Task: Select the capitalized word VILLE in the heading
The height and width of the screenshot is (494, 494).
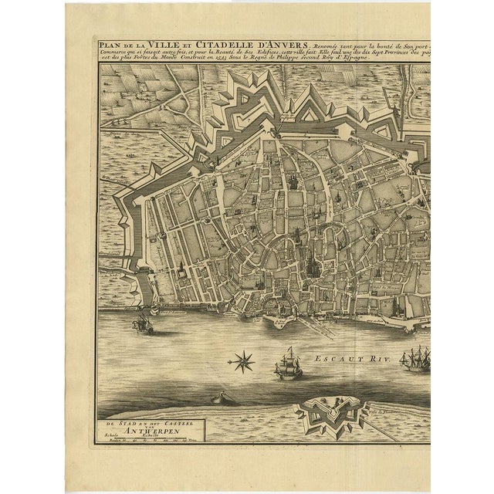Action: [164, 45]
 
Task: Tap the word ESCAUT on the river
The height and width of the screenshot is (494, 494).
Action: [340, 358]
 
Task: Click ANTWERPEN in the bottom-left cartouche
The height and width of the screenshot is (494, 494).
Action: [127, 435]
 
